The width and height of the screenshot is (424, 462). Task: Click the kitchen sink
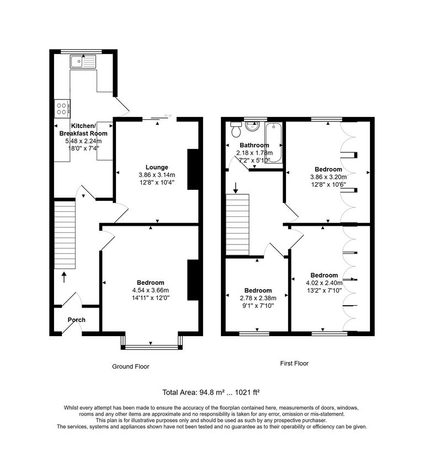click(x=83, y=61)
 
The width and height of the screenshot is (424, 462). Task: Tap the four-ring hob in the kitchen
click(x=62, y=108)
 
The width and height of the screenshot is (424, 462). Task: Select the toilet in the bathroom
click(x=236, y=130)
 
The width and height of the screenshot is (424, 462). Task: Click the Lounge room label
click(x=157, y=167)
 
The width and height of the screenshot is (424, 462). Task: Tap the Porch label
click(x=76, y=320)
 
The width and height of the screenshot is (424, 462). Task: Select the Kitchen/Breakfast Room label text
click(x=83, y=130)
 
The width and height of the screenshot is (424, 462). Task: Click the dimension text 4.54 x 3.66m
click(x=150, y=290)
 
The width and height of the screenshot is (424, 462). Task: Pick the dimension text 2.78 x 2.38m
click(x=258, y=298)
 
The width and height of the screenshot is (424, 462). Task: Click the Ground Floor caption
click(x=130, y=367)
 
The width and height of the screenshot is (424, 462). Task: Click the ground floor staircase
click(x=64, y=234)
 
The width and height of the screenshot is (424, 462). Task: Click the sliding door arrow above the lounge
click(x=167, y=116)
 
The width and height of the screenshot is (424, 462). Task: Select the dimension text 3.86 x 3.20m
click(x=328, y=177)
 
